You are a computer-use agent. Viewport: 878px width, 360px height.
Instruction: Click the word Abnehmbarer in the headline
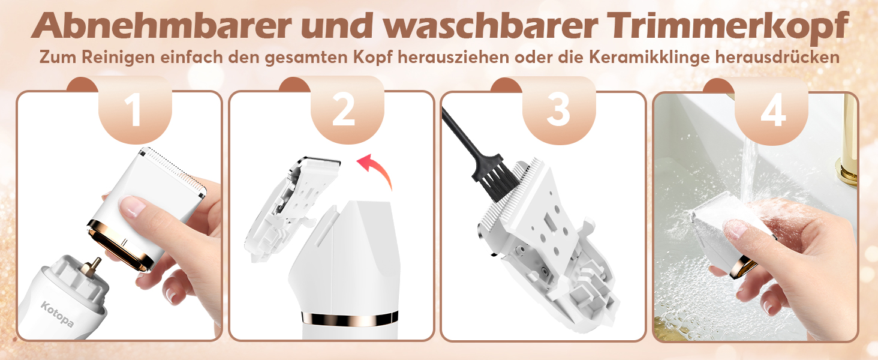(161, 26)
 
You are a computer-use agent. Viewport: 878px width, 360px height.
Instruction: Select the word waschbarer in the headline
(491, 26)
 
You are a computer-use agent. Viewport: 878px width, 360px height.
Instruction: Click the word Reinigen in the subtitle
(118, 58)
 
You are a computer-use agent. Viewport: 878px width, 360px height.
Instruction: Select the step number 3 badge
(559, 110)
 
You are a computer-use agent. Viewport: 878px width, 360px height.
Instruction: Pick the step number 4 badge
(771, 110)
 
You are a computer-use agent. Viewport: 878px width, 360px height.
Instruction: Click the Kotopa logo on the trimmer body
(57, 314)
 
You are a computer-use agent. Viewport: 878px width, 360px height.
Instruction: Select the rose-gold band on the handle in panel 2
(350, 319)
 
